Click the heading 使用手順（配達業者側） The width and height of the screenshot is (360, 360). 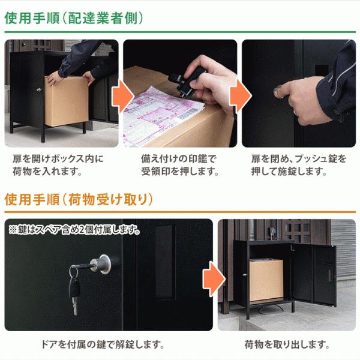pyautogui.click(x=74, y=17)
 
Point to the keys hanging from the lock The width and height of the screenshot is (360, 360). pyautogui.click(x=73, y=291)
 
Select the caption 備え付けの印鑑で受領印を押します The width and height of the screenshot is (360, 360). pyautogui.click(x=179, y=165)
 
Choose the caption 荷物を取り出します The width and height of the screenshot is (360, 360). pyautogui.click(x=287, y=344)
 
